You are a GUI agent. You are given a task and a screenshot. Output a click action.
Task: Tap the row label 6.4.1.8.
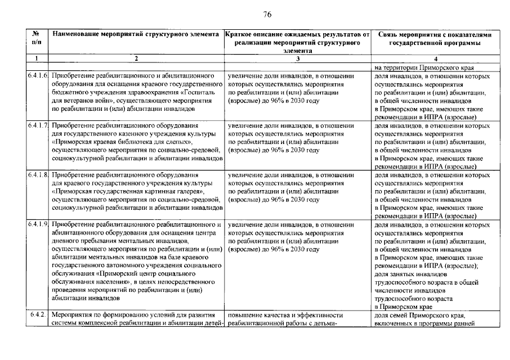[x=37, y=175]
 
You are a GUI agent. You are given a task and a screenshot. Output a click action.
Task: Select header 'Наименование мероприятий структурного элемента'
[x=136, y=35]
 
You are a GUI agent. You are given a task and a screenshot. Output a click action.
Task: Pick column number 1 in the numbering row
[x=37, y=58]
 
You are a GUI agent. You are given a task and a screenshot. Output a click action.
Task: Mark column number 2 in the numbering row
[x=136, y=58]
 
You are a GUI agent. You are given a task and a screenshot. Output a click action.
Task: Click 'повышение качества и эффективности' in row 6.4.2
[x=286, y=315]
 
